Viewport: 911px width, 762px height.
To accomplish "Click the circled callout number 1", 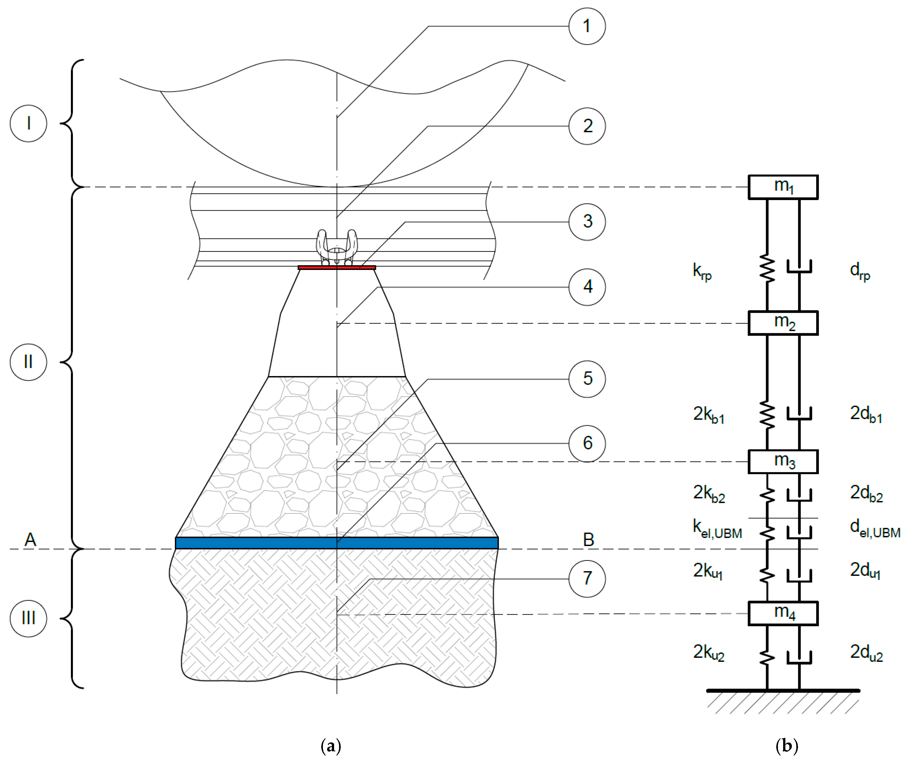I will point(587,26).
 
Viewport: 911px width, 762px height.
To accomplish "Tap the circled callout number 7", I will point(587,578).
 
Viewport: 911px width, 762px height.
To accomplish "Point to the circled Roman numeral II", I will point(28,362).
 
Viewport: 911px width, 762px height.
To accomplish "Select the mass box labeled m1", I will point(783,187).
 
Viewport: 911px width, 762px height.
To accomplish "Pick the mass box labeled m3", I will point(783,461).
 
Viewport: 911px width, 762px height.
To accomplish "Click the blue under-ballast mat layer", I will point(337,543).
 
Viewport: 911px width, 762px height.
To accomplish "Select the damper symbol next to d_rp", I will point(799,267).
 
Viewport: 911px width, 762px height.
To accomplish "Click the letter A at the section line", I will point(30,539).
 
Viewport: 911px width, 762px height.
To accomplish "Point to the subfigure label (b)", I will point(787,746).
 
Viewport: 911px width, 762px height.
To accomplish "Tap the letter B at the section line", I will point(588,539).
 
